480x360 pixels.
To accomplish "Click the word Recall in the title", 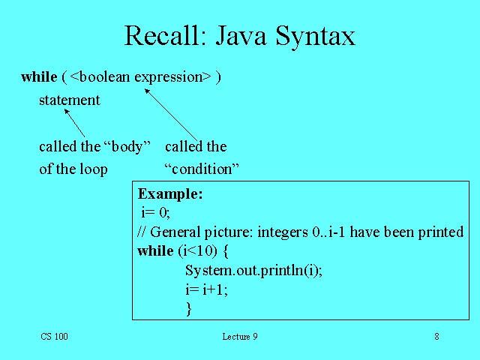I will point(160,36).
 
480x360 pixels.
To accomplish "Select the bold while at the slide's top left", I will point(39,76).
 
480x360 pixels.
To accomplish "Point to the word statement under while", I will point(69,100).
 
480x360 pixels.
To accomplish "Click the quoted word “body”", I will point(126,146).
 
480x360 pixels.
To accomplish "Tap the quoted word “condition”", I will point(201,169).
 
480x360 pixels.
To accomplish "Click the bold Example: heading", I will point(170,193).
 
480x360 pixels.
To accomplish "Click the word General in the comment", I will point(177,232).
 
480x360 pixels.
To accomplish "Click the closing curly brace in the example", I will point(189,308).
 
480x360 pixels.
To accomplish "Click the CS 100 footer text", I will point(54,337).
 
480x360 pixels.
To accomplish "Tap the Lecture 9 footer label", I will point(240,337).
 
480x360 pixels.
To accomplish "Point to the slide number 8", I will point(436,337).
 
